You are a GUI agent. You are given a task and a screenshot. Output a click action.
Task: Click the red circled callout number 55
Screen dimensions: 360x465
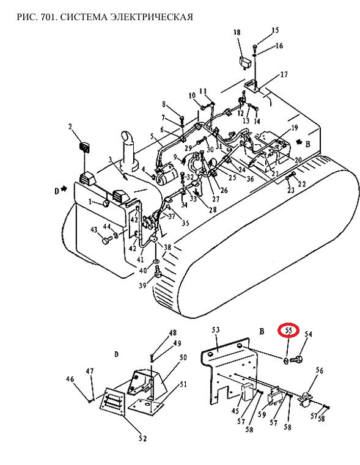(x=288, y=331)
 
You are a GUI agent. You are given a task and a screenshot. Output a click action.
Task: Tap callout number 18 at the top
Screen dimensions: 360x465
(x=237, y=32)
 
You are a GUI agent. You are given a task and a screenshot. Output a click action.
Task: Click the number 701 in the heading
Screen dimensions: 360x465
(x=49, y=17)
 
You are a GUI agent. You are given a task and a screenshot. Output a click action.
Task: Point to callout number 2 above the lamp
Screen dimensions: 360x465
(x=70, y=127)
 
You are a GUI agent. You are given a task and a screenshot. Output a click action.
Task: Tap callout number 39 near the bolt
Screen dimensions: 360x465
(x=142, y=285)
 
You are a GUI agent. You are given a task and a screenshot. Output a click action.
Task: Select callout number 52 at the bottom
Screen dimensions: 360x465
(x=142, y=438)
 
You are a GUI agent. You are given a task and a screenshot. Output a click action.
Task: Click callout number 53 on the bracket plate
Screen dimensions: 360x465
(x=216, y=330)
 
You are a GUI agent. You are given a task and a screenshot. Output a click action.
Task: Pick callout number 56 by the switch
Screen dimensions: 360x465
(x=320, y=370)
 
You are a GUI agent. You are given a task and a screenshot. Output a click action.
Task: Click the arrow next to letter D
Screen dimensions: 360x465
(x=64, y=189)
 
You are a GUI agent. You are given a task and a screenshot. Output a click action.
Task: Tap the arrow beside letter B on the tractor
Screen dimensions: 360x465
(x=300, y=143)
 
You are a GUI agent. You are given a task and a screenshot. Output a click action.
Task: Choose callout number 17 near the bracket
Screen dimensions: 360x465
(x=284, y=74)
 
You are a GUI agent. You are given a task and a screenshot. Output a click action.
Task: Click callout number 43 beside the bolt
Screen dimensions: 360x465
(x=94, y=230)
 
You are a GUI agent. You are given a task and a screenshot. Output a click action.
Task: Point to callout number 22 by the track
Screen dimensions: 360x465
(x=302, y=184)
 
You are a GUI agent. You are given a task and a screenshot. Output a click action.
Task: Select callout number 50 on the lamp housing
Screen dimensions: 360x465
(x=183, y=357)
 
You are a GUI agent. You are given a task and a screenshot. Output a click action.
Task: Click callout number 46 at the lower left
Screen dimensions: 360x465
(x=70, y=379)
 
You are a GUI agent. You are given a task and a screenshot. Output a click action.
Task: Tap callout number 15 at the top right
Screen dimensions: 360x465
(x=275, y=30)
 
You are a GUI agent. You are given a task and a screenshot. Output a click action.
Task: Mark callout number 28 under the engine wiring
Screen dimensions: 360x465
(x=213, y=210)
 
